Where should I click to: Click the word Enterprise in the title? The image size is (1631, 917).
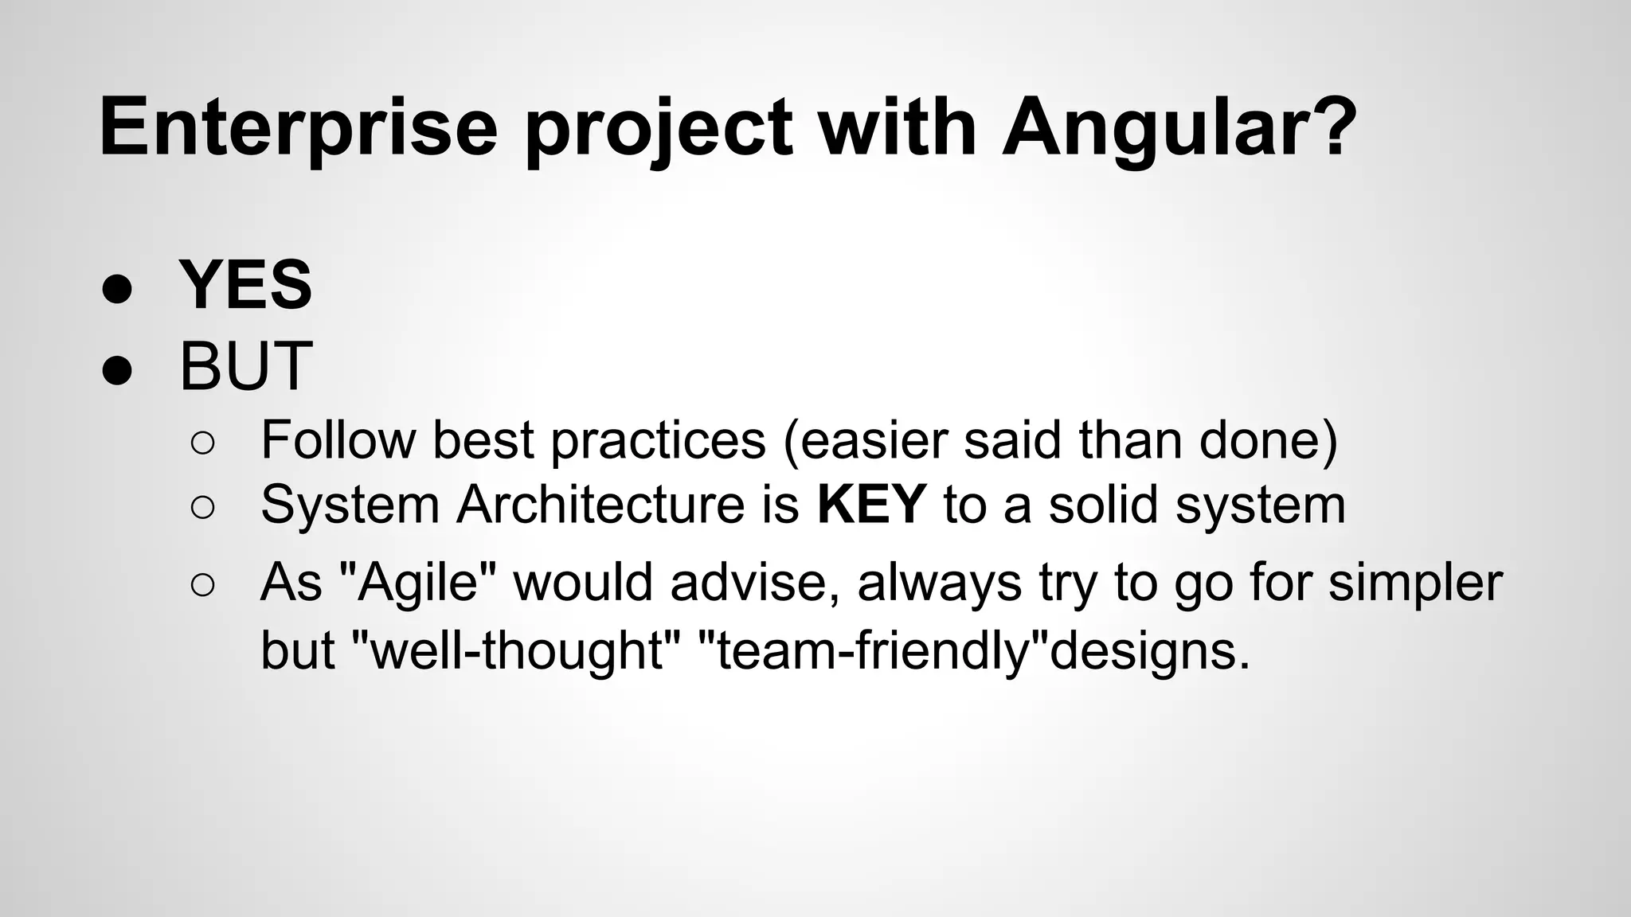[298, 127]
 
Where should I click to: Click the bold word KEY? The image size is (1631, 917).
[871, 504]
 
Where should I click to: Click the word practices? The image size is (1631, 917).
[658, 440]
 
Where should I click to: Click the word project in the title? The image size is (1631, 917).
[658, 127]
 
